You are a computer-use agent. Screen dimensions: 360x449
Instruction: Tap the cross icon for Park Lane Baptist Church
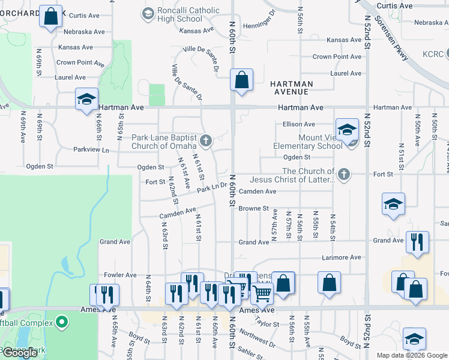pyautogui.click(x=206, y=142)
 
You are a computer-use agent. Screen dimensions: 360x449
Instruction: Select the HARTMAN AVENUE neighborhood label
pyautogui.click(x=289, y=88)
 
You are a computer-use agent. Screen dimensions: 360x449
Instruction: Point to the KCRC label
pyautogui.click(x=432, y=54)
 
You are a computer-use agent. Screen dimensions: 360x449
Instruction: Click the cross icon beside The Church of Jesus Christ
pyautogui.click(x=343, y=175)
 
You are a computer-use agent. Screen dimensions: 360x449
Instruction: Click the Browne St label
pyautogui.click(x=253, y=209)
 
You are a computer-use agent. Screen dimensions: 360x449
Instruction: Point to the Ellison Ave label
pyautogui.click(x=298, y=124)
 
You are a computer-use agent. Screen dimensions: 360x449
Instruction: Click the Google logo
pyautogui.click(x=20, y=352)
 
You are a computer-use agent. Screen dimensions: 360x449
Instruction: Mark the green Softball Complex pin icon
pyautogui.click(x=61, y=323)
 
